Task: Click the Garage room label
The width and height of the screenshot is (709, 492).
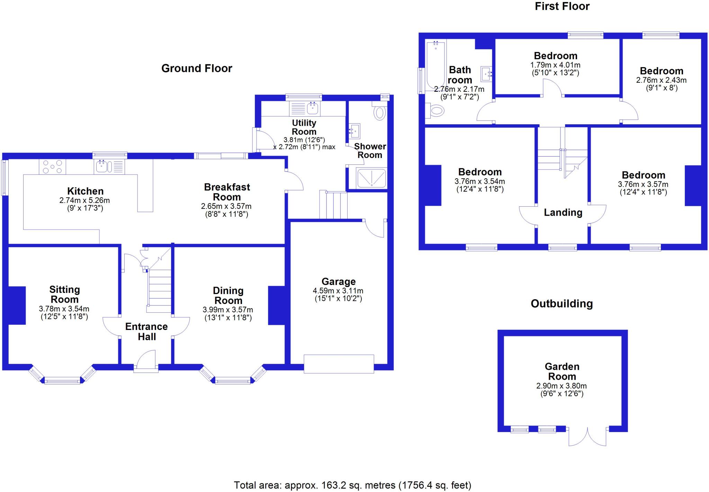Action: [x=338, y=281]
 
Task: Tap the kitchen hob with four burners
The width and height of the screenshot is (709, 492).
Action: [x=52, y=167]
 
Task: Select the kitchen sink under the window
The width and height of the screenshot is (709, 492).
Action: [x=102, y=167]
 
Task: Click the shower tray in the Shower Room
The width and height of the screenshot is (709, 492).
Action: [x=371, y=178]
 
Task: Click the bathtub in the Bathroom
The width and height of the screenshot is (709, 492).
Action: [x=436, y=65]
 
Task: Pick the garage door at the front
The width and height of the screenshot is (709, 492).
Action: [x=339, y=364]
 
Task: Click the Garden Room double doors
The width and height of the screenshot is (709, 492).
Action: [x=587, y=437]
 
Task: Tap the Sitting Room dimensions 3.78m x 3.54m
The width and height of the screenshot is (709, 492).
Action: [x=64, y=309]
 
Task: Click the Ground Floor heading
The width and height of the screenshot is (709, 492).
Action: [x=197, y=68]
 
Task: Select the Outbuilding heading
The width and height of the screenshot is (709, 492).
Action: [x=562, y=304]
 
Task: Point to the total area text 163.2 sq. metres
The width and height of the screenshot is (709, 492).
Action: [x=352, y=485]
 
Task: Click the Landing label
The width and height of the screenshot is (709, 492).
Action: [x=563, y=212]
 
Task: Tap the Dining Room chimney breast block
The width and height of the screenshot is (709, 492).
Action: [x=276, y=305]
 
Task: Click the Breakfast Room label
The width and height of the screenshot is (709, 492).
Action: [x=227, y=192]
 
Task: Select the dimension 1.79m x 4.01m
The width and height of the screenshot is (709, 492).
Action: [x=555, y=65]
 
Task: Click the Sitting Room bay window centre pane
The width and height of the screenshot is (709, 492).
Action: [x=62, y=381]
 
